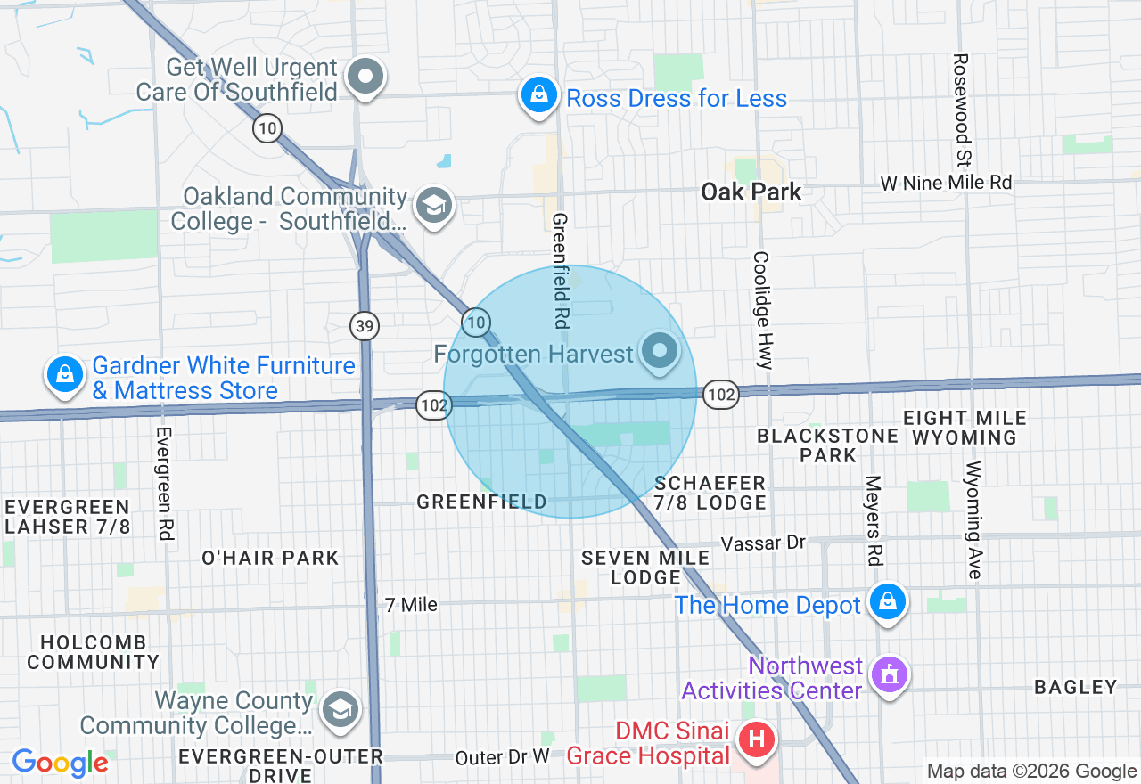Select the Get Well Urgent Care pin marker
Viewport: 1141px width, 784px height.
tap(365, 77)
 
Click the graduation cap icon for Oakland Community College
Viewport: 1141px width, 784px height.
tap(434, 207)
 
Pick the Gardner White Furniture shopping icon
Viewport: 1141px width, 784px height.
tap(65, 376)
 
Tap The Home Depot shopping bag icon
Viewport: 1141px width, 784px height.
tap(888, 603)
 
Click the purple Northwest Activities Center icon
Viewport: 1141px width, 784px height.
tap(888, 674)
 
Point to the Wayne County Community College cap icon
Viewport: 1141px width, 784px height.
tap(339, 710)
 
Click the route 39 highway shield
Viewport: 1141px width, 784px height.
tap(365, 326)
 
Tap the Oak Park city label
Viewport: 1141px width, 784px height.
tap(751, 192)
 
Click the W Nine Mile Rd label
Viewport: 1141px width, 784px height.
tap(946, 183)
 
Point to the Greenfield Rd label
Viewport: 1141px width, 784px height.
tap(560, 267)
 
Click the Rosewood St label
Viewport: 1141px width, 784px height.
tap(961, 110)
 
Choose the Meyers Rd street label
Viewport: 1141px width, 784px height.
tap(873, 519)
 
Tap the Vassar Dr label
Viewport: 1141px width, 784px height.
tap(763, 543)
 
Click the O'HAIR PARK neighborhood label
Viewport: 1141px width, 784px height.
tap(270, 559)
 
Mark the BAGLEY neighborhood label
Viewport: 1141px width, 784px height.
tap(1075, 687)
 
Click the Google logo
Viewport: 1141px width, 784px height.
tap(60, 764)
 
